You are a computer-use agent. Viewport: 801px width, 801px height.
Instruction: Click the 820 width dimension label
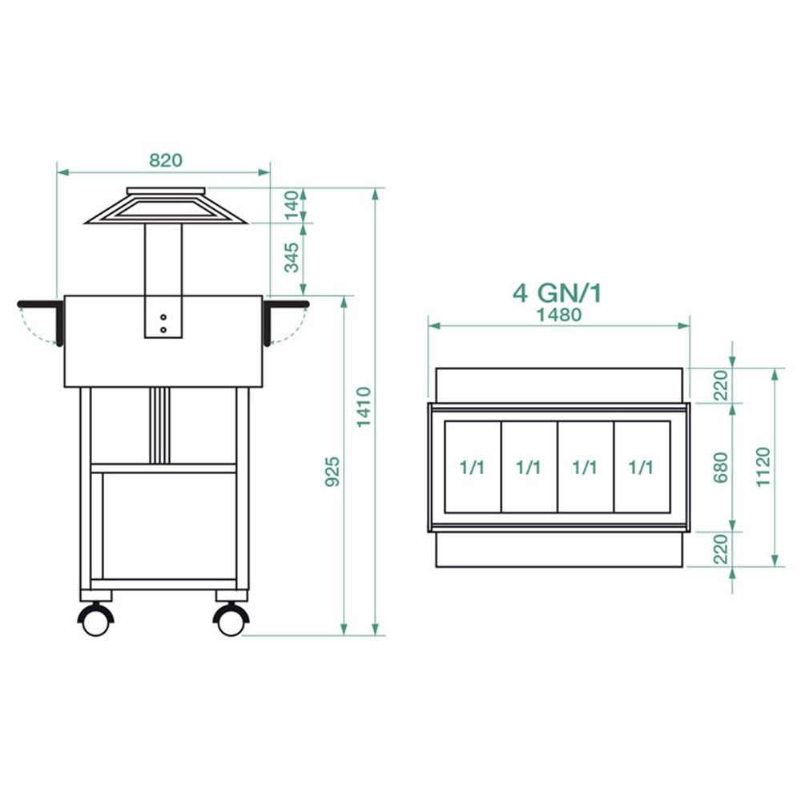pos(166,160)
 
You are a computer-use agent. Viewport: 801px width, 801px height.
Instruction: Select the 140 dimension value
pos(292,205)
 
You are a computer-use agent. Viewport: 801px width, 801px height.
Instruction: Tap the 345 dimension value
pos(292,258)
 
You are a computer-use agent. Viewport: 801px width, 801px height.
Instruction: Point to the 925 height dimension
pos(332,472)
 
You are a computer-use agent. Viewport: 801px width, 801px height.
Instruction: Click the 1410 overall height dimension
pos(364,407)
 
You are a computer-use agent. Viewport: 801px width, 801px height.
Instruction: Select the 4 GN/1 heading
pos(557,293)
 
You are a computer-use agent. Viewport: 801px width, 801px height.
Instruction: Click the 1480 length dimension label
pos(559,315)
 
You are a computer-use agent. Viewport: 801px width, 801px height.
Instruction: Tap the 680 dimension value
pos(720,468)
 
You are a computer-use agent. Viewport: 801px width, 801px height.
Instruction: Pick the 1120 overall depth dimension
pos(763,467)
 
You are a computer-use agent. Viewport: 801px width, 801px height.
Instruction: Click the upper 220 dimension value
pos(720,385)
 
